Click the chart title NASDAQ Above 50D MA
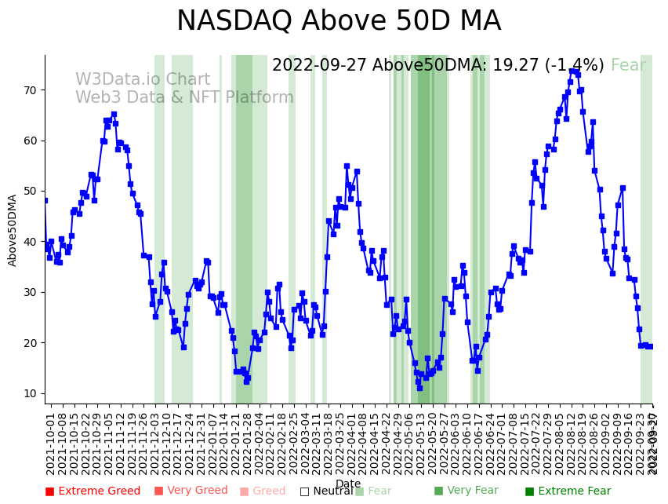coord(338,22)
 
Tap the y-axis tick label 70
coord(29,90)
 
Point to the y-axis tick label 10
coord(29,393)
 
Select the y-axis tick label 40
coord(29,242)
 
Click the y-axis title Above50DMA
coord(13,230)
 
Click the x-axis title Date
coord(348,484)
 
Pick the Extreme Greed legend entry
coord(93,491)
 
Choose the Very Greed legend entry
coord(191,491)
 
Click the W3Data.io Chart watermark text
coord(143,80)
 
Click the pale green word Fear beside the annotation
coord(628,66)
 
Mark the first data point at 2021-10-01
coord(45,200)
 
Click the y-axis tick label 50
coord(29,192)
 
